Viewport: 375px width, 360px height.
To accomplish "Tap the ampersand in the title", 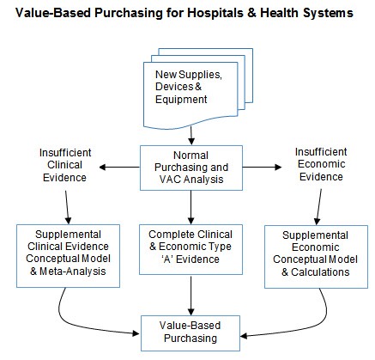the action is (x=251, y=13).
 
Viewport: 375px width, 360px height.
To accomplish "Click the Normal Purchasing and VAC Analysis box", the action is (x=191, y=168).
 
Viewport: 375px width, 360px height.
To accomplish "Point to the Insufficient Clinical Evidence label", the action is (x=65, y=165).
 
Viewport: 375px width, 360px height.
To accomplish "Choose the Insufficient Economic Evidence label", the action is (x=321, y=164).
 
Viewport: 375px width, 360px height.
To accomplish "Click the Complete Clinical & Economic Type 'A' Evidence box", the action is (x=191, y=249).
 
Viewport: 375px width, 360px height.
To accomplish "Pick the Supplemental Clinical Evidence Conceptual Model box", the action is (x=68, y=256).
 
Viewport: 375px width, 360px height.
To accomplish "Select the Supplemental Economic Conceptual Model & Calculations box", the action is (x=316, y=257).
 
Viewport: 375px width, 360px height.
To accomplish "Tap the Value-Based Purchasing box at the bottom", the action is (x=191, y=333).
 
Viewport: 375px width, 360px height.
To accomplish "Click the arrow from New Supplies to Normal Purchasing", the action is (x=191, y=136).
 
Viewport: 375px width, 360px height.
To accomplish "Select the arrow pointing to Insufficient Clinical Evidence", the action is (x=119, y=168).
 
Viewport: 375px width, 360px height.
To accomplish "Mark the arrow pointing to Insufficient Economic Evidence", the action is (x=262, y=168).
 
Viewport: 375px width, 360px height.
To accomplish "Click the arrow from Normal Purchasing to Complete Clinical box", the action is (x=191, y=207).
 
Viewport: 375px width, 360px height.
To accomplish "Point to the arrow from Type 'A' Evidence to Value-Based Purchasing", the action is (x=191, y=295).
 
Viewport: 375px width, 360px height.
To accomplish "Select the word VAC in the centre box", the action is (x=171, y=180).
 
